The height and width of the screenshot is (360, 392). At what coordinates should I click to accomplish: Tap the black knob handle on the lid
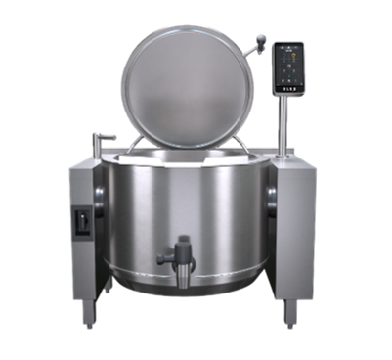260,40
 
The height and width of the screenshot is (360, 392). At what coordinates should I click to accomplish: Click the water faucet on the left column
103,140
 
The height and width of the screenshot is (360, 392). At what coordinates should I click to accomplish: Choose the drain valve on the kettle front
178,257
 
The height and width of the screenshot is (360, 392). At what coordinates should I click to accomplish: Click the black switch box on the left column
82,222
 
